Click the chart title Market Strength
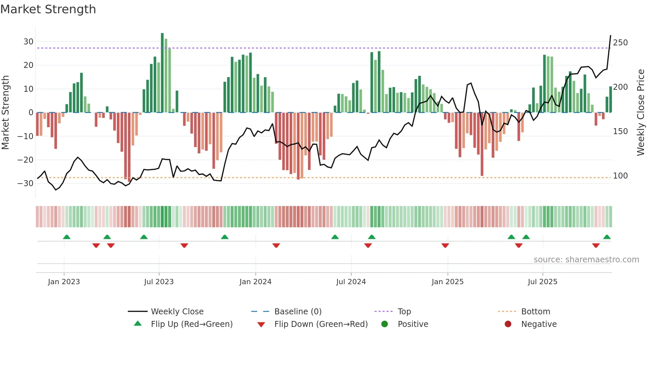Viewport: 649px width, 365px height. coord(48,9)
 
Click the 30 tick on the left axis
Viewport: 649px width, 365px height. coord(28,42)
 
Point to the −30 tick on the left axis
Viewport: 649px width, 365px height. coord(26,183)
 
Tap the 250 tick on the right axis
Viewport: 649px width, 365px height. coord(620,43)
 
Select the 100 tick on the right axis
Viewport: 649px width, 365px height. coord(620,176)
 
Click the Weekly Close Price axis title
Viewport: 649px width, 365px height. coord(641,113)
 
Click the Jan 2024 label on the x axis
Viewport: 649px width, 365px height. coord(255,282)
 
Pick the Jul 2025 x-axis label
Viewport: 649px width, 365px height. coord(542,282)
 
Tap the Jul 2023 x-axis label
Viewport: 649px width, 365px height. coord(159,282)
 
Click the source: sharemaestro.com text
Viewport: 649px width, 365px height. coord(586,260)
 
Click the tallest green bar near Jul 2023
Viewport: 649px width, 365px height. coord(162,73)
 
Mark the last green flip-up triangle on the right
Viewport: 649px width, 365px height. coord(607,237)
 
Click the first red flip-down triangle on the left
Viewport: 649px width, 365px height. coord(96,245)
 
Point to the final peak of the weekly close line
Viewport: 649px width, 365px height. coord(611,36)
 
